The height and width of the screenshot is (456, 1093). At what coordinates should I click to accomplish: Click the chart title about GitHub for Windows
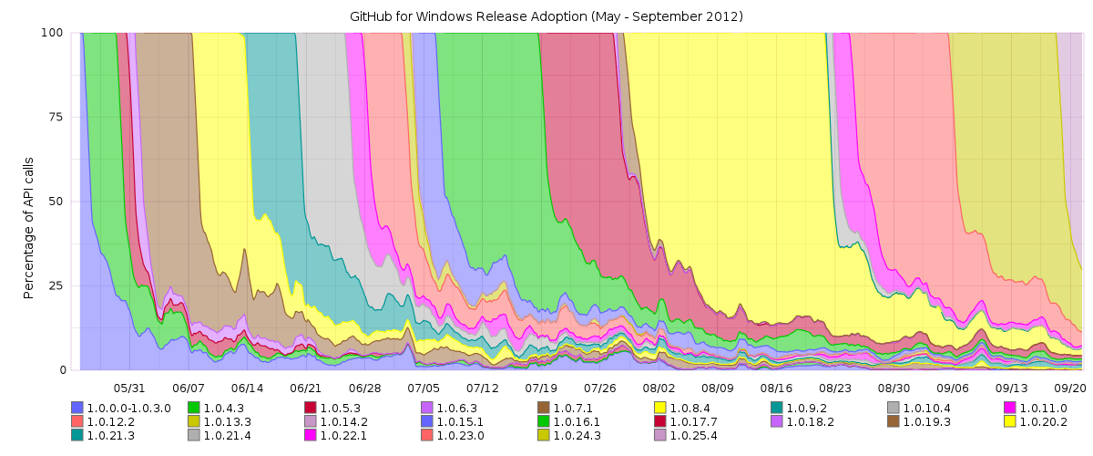click(546, 16)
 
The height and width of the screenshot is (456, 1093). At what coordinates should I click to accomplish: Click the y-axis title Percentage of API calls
click(28, 202)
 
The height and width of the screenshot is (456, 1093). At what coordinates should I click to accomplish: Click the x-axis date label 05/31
click(129, 387)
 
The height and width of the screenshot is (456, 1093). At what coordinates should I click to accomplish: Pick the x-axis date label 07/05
click(424, 387)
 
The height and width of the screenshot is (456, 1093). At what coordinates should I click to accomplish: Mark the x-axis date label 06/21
click(306, 387)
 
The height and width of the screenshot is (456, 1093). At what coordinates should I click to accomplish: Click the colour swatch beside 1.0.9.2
click(777, 408)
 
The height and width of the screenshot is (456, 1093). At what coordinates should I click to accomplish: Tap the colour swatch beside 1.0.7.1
click(544, 408)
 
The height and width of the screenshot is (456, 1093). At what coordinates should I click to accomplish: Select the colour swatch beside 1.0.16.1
click(544, 421)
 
